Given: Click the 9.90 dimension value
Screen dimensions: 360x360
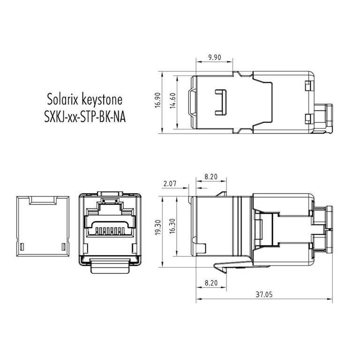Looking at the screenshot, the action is tap(214, 57).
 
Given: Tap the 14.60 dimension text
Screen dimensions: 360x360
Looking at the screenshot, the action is tap(172, 101).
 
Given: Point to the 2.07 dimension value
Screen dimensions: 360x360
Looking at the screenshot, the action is tap(170, 183).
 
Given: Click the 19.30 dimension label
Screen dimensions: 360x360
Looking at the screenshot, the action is tap(158, 227).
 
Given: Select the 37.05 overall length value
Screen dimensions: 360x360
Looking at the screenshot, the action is tap(264, 294).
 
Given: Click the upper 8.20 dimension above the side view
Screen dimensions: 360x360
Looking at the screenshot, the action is tap(211, 177).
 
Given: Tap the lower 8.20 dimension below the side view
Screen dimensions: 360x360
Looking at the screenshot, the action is tap(211, 283).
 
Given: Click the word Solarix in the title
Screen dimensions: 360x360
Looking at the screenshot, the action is tap(62, 99).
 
